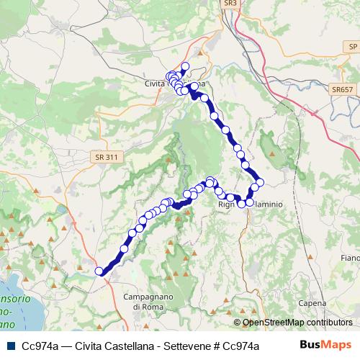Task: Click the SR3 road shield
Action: point(230,4)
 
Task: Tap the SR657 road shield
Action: point(343,89)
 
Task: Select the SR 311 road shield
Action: point(105,156)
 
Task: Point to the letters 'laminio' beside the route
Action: point(267,204)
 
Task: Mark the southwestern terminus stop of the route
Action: point(99,271)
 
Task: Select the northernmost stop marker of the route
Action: point(184,67)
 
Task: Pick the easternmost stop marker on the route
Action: point(260,181)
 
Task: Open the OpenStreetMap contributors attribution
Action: point(297,323)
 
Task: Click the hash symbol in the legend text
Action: point(225,346)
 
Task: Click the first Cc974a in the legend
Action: point(40,346)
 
